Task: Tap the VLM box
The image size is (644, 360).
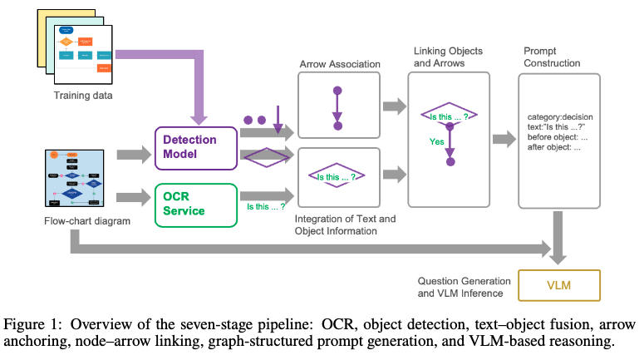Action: [x=558, y=285]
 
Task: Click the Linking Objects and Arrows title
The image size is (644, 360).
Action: [x=449, y=57]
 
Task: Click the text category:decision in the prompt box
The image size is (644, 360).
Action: [x=558, y=118]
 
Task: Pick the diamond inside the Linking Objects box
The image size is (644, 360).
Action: [x=448, y=117]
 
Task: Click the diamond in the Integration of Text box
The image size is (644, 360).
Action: [x=337, y=177]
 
